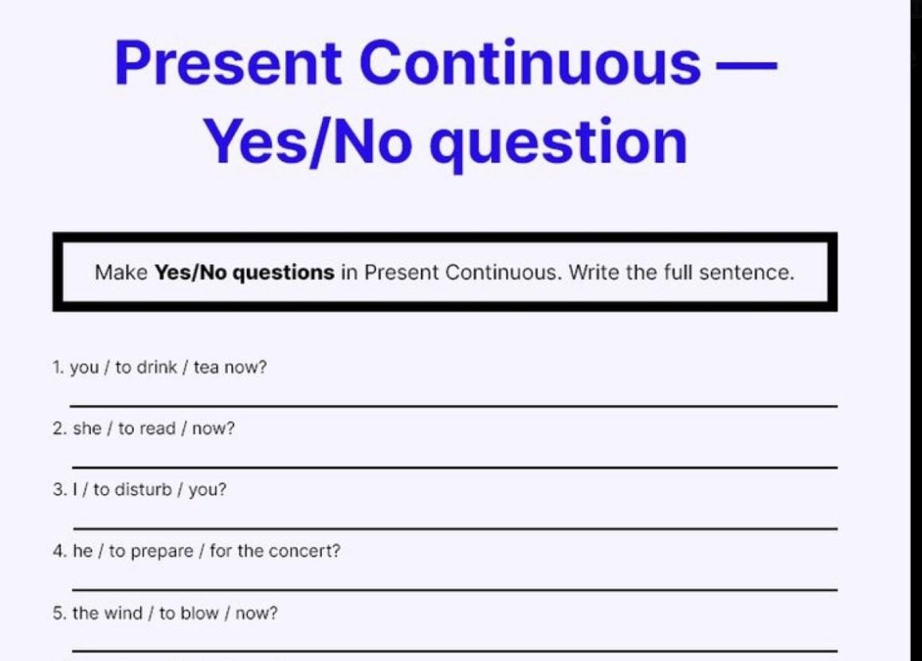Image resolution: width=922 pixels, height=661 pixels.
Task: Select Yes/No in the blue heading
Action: (308, 142)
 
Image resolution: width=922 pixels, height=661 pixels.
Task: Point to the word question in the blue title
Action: (558, 144)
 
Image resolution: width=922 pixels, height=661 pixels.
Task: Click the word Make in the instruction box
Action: (121, 273)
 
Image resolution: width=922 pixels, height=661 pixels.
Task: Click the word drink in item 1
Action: (156, 368)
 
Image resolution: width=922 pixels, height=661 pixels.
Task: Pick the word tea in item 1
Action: (206, 368)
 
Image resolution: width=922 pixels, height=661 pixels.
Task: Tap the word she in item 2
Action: (87, 428)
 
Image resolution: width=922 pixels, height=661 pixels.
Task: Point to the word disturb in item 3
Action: (143, 490)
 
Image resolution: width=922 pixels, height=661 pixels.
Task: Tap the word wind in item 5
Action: (124, 612)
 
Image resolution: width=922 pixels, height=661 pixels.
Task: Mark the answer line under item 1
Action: (453, 406)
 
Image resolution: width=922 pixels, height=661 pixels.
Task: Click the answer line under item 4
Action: (454, 590)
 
